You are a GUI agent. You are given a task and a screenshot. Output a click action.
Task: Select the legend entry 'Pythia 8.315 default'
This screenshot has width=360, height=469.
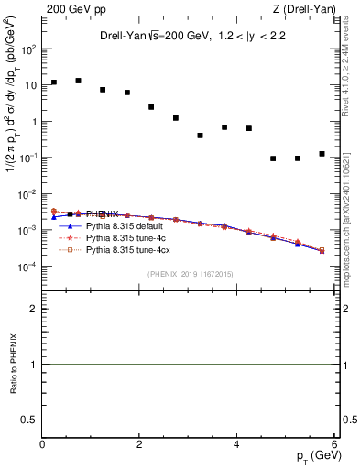point(123,224)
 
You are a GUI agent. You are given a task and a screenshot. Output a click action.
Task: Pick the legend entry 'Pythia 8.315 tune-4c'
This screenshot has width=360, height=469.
point(123,236)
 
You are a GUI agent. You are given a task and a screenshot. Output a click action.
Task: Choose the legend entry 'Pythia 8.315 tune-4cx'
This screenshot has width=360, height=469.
point(125,248)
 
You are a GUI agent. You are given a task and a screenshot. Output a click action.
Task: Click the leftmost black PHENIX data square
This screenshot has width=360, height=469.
point(54,82)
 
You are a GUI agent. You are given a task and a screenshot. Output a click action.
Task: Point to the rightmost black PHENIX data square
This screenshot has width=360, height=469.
point(322,154)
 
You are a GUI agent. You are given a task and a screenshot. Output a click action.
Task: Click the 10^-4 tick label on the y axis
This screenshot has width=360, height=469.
point(27,267)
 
